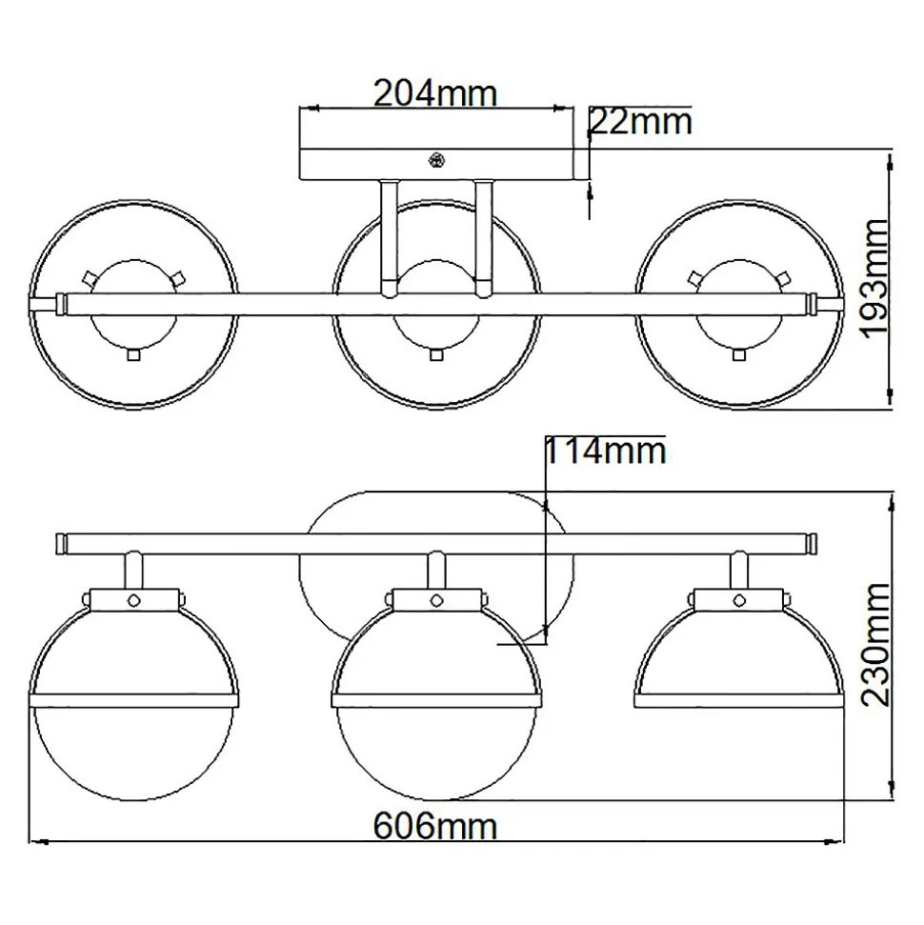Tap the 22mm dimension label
point(641,122)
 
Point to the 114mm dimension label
point(605,452)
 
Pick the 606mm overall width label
point(435,827)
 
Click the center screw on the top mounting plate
point(436,160)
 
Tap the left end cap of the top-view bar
point(60,305)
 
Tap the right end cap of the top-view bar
point(814,305)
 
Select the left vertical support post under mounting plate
point(389,238)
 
